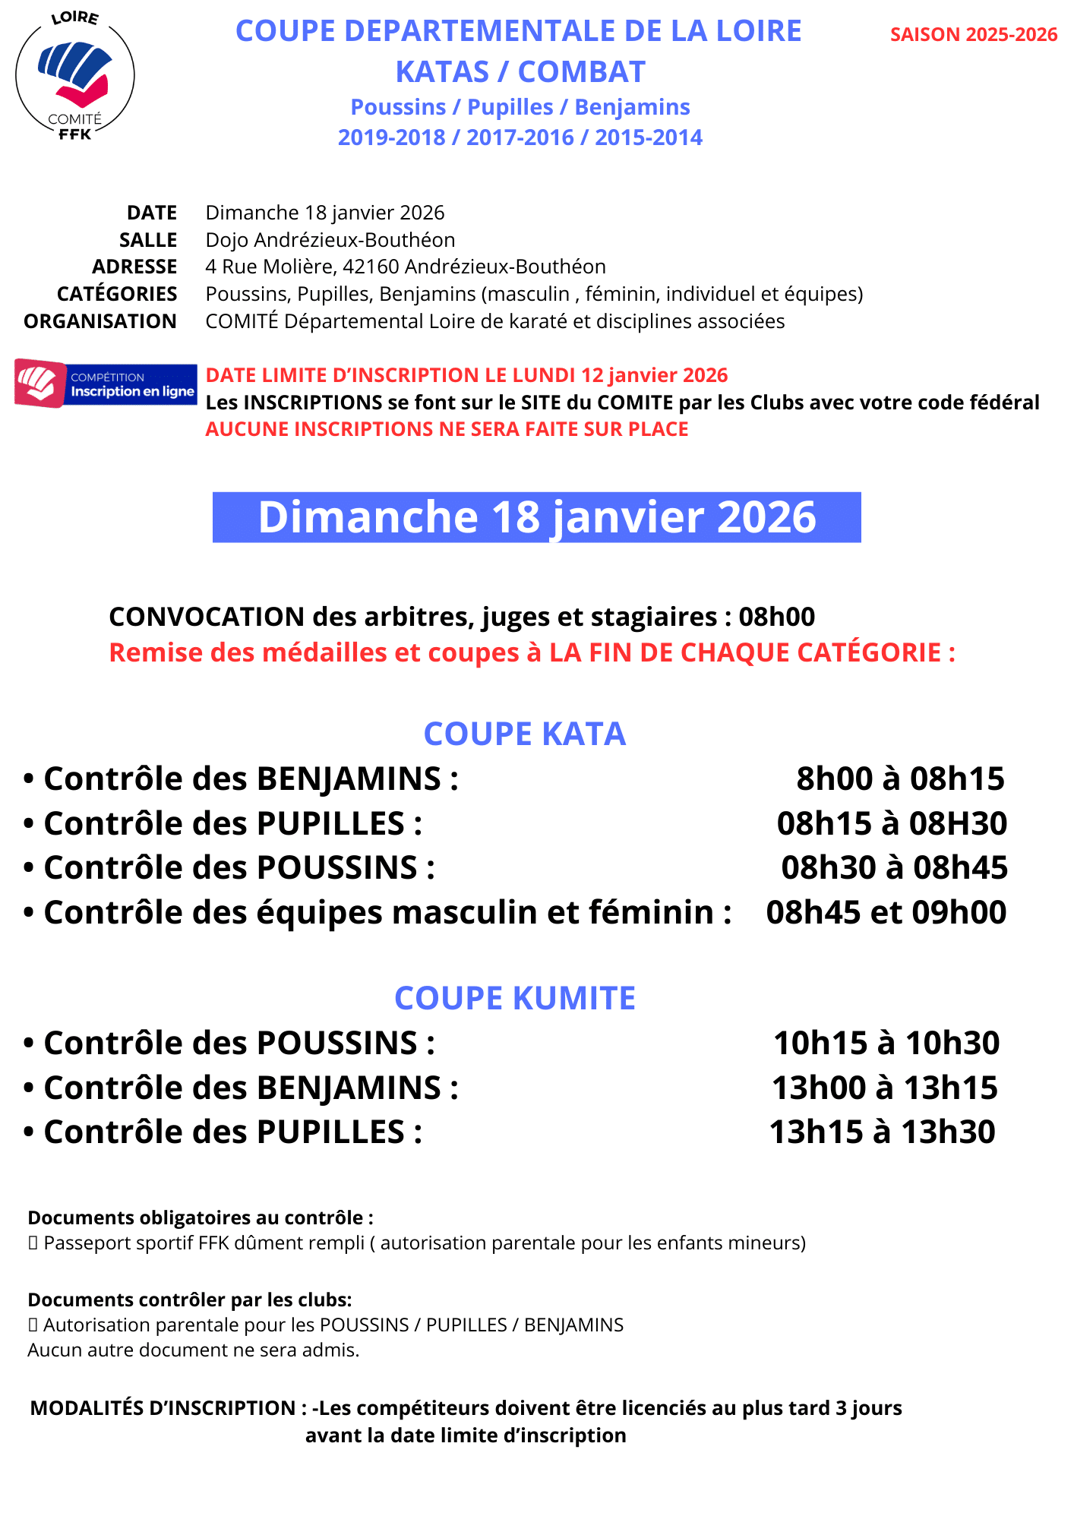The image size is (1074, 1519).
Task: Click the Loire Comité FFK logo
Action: [x=74, y=76]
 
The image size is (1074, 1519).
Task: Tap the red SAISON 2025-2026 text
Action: [x=973, y=35]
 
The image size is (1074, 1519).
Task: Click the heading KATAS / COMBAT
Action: [x=520, y=72]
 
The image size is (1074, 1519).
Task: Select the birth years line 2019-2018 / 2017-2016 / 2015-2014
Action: [x=520, y=137]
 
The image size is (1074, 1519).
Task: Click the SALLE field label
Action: [x=148, y=240]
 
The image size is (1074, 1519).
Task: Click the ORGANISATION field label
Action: [x=100, y=321]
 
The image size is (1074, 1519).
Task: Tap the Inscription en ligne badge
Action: [x=106, y=384]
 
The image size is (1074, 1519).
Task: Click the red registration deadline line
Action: [x=466, y=375]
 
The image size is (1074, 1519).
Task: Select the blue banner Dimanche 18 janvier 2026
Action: [x=536, y=517]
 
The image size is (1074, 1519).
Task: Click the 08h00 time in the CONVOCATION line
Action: [x=776, y=617]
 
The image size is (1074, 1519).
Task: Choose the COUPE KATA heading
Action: [x=524, y=734]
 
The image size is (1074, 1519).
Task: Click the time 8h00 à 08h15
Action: [x=900, y=779]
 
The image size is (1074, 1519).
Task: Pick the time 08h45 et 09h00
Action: [x=886, y=912]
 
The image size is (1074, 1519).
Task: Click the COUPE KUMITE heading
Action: [x=515, y=999]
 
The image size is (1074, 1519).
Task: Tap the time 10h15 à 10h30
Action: [x=886, y=1044]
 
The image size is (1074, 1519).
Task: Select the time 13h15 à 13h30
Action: [x=882, y=1132]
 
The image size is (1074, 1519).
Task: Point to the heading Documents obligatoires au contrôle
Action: [x=201, y=1218]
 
